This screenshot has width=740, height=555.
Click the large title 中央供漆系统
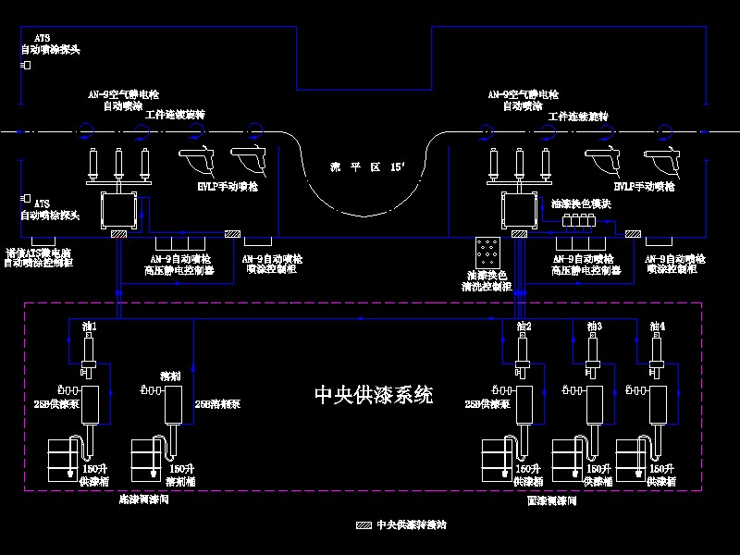click(x=374, y=396)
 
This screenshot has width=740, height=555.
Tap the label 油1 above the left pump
click(x=90, y=327)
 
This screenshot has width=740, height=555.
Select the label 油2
click(x=523, y=327)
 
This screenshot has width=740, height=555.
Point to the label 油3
click(x=594, y=327)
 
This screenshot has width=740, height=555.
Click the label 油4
click(x=658, y=327)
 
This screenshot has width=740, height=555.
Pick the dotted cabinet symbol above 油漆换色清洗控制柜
click(x=487, y=251)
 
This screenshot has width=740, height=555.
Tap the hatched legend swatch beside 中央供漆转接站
click(x=364, y=525)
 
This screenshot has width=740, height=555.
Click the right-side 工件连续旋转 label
click(x=578, y=117)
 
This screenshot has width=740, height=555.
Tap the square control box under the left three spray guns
click(x=118, y=210)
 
